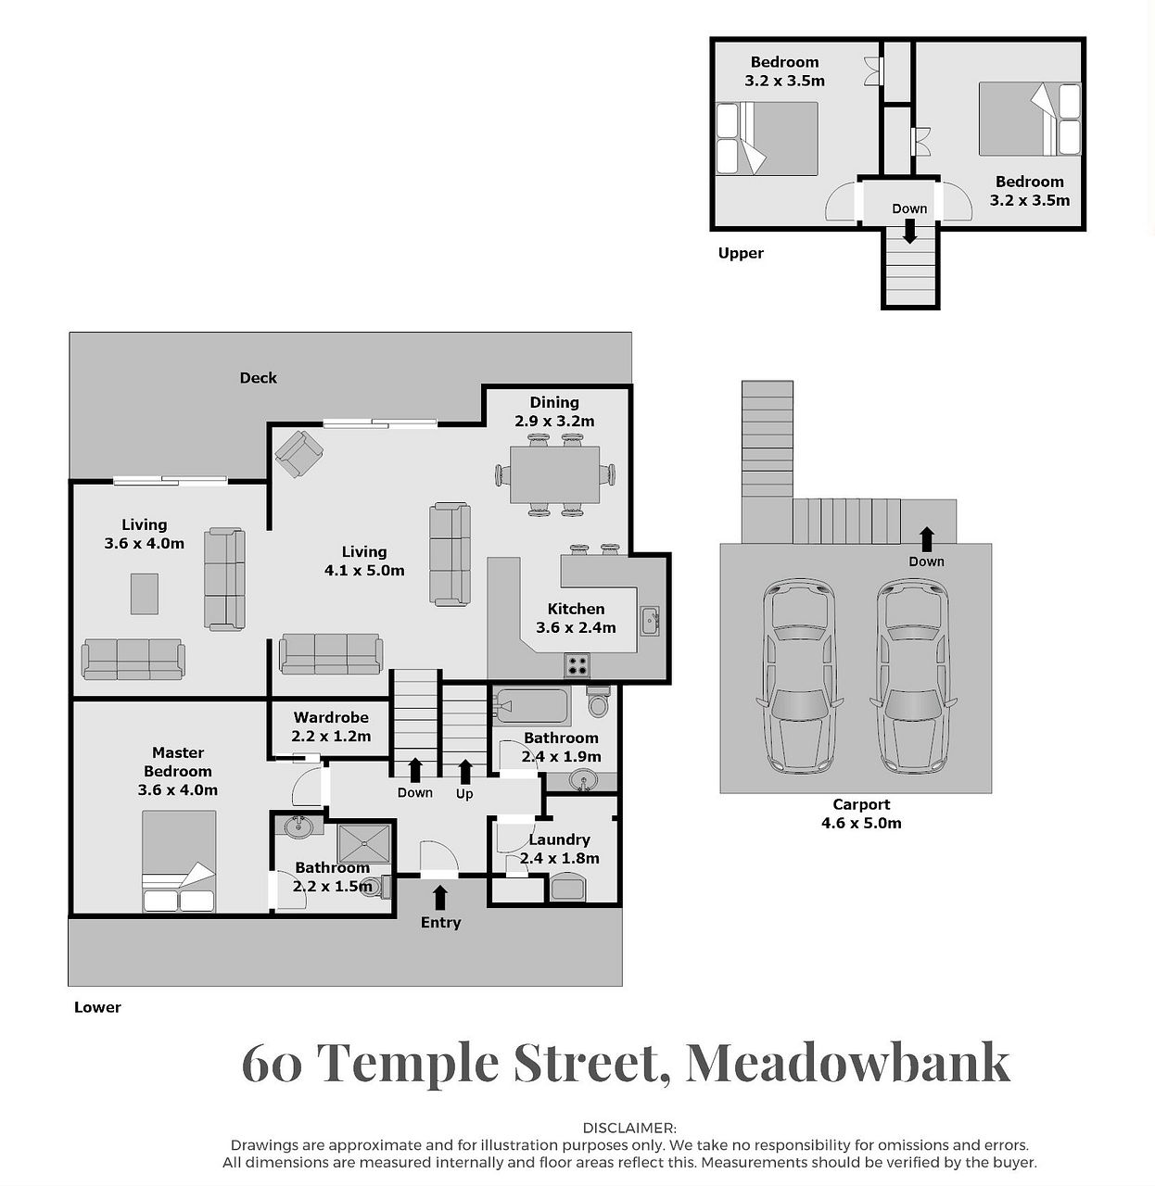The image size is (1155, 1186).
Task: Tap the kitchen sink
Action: pos(650,622)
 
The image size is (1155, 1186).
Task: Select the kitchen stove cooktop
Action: pos(577,665)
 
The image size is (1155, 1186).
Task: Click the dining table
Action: pos(554,474)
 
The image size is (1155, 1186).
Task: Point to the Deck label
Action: pos(258,378)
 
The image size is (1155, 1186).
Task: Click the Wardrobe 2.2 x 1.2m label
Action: pos(331,726)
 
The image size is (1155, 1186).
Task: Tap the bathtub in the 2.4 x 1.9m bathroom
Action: pos(531,706)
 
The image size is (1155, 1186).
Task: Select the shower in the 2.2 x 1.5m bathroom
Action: pos(364,843)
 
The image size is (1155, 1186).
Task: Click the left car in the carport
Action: pos(799,675)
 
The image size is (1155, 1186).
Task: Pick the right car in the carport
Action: pos(913,675)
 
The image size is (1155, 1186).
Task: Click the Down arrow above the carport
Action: pos(926,540)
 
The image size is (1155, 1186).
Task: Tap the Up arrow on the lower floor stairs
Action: pos(464,772)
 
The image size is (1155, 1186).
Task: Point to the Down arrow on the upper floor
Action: pos(909,231)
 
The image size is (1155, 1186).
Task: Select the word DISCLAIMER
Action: pos(629,1128)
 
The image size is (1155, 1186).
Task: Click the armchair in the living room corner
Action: pos(298,454)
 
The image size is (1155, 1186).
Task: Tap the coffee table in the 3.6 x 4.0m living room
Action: pos(145,594)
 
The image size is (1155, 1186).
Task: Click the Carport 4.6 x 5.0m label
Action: pos(861,814)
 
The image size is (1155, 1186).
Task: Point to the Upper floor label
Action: pos(741,254)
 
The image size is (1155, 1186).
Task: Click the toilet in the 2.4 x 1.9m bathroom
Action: pos(598,701)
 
